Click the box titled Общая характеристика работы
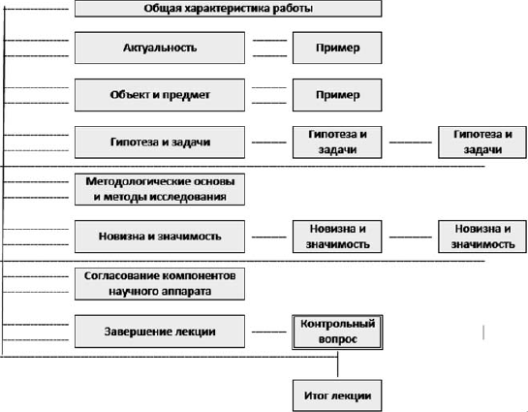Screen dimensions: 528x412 [228, 9]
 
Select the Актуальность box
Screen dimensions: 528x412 [160, 48]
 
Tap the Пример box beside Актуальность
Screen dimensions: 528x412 [337, 48]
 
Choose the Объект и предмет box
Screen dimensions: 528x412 [160, 95]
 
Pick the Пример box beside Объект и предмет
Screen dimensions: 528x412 [337, 95]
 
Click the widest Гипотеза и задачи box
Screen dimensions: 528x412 [160, 143]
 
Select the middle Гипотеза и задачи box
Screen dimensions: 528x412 [337, 143]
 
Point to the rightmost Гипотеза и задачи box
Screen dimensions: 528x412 [482, 143]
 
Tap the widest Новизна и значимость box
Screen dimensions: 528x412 [160, 237]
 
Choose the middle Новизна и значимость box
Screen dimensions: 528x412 [337, 237]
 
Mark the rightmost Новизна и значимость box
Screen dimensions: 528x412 [482, 237]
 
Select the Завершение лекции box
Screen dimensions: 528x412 [160, 332]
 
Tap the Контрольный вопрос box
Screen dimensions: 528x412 [337, 333]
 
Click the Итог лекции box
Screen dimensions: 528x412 [337, 396]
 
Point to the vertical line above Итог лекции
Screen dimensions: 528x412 [337, 364]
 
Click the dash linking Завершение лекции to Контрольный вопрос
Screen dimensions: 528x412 [269, 333]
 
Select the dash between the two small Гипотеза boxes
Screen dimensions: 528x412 [411, 143]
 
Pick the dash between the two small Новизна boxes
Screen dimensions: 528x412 [411, 238]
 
